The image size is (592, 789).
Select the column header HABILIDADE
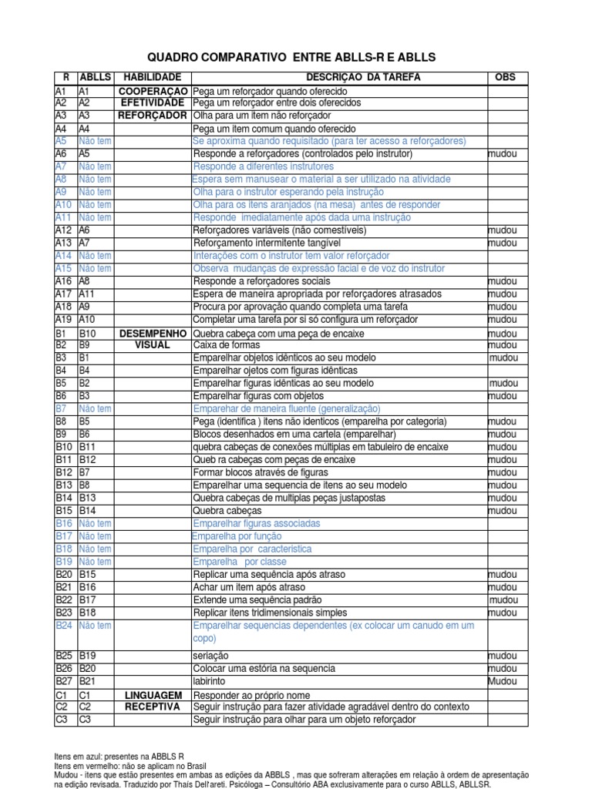[153, 78]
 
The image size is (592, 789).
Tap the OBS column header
[504, 78]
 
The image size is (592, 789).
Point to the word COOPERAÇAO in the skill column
[153, 91]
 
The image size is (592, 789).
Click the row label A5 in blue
[62, 141]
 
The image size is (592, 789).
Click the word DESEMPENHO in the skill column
[153, 334]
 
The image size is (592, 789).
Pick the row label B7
[62, 408]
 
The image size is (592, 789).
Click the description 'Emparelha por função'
[237, 536]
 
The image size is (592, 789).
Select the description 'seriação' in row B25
[210, 656]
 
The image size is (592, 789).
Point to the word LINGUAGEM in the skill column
[153, 695]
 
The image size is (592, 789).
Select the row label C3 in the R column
[62, 720]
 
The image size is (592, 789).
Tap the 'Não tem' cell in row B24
[95, 626]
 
